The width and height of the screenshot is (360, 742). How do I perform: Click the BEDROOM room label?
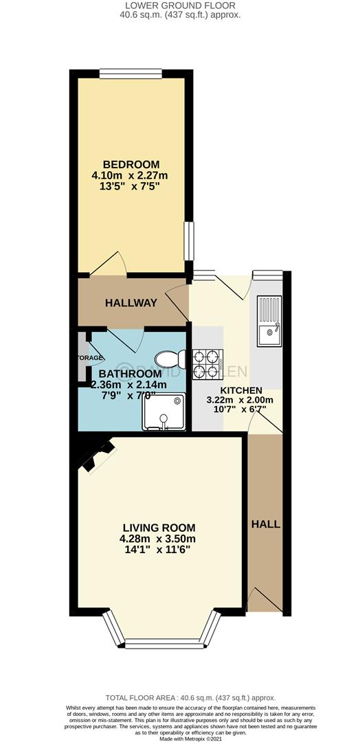click(x=131, y=164)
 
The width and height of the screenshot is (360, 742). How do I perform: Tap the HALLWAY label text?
click(x=131, y=303)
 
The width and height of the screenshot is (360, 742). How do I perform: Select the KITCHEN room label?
click(x=236, y=391)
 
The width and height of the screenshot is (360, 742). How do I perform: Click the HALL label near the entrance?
click(x=265, y=524)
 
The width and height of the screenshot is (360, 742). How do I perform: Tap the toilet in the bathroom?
click(x=168, y=359)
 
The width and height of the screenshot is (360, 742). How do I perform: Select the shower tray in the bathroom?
click(x=164, y=412)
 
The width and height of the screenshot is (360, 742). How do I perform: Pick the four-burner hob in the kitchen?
click(x=207, y=364)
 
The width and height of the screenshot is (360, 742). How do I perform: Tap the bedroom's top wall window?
click(x=131, y=72)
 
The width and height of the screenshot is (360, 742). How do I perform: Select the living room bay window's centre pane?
click(x=164, y=642)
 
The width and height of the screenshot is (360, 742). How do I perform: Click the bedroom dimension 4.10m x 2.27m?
click(x=135, y=176)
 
